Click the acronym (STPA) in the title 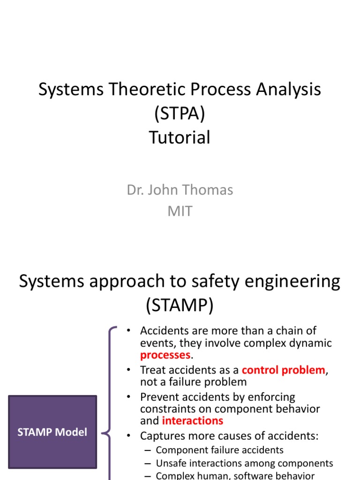coord(180,114)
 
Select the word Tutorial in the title coord(180,138)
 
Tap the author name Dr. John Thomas coord(180,190)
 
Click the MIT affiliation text coord(180,211)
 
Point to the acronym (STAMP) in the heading coord(180,306)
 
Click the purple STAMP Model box coord(52,432)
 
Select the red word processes coord(165,355)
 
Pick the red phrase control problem coord(283,370)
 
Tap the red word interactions coord(192,420)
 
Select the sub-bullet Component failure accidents coord(219,450)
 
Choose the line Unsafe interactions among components coord(244,464)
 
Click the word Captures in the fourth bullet coord(161,436)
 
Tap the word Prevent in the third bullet coord(159,397)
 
